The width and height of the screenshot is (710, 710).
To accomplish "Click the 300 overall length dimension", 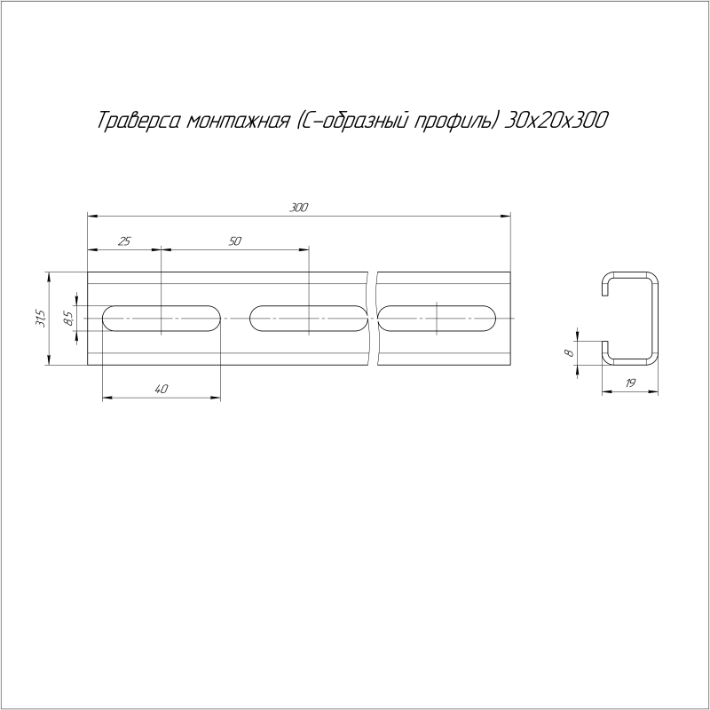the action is click(x=299, y=208).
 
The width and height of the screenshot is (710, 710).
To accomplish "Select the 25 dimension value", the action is click(x=124, y=241).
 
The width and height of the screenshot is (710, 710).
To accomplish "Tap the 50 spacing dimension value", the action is click(x=235, y=241).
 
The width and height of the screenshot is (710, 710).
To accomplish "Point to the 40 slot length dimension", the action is click(x=162, y=389).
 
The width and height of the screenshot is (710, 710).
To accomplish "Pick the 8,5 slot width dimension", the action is click(x=69, y=319).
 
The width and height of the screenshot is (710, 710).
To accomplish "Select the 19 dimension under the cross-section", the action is click(x=630, y=383).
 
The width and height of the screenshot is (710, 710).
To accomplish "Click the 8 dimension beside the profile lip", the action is click(x=571, y=352).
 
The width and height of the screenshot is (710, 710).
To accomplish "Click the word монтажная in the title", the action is click(x=238, y=122).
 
